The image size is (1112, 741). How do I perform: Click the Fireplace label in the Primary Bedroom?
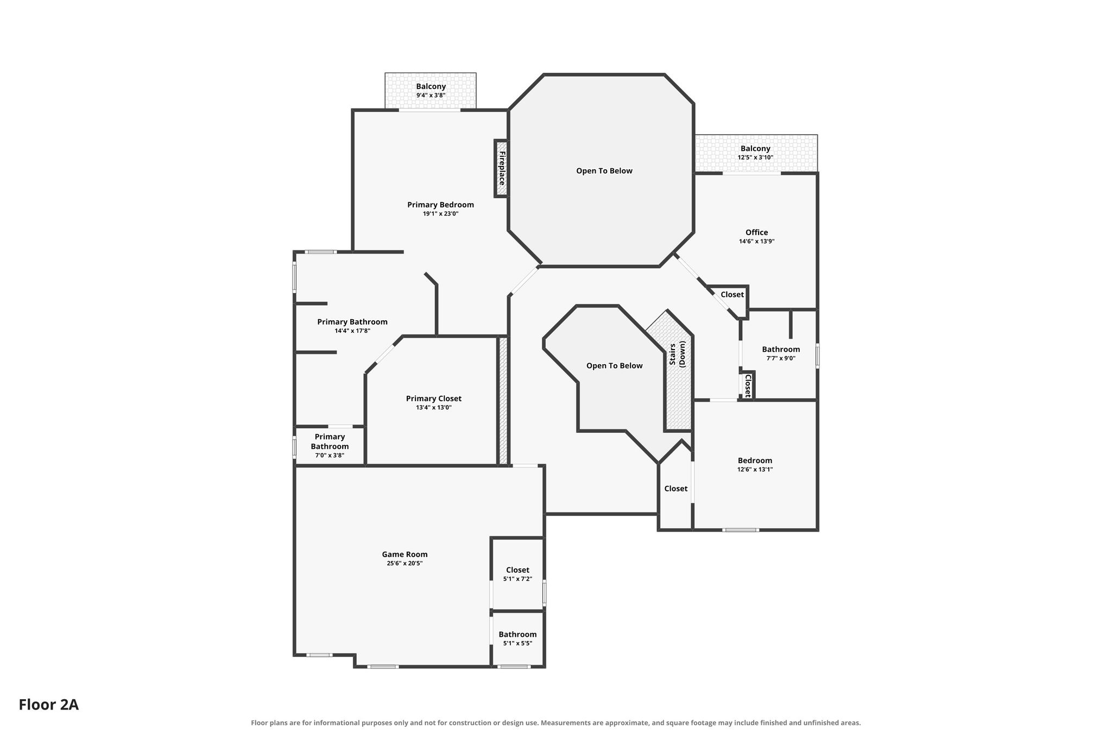tap(502, 168)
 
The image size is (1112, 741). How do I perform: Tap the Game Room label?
tap(405, 554)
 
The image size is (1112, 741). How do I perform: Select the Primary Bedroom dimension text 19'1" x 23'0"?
tap(440, 214)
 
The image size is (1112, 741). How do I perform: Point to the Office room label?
tap(756, 232)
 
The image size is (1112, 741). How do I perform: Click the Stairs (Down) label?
tap(677, 354)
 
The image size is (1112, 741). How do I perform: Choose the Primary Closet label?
tap(434, 398)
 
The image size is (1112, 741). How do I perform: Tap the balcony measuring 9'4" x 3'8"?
tap(431, 91)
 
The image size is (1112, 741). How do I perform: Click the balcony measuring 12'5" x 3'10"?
tap(756, 154)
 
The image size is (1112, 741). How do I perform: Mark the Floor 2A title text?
tap(49, 705)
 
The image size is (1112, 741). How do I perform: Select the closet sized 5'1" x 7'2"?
tap(517, 574)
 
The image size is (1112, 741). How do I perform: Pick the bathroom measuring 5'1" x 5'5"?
tap(517, 639)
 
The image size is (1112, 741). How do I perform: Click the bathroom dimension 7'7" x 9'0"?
tap(781, 358)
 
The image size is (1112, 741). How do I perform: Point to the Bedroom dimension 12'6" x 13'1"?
tap(755, 470)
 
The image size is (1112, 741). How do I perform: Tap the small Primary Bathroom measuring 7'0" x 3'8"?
tap(330, 446)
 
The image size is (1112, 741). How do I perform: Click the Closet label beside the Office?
tap(732, 294)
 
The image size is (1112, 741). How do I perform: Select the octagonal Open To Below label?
tap(604, 171)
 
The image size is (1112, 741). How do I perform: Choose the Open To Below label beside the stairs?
tap(614, 366)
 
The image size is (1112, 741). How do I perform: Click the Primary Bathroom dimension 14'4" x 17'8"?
tap(352, 331)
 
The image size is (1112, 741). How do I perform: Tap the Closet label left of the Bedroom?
tap(676, 489)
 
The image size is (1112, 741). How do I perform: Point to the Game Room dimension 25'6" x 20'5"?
tap(405, 563)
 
